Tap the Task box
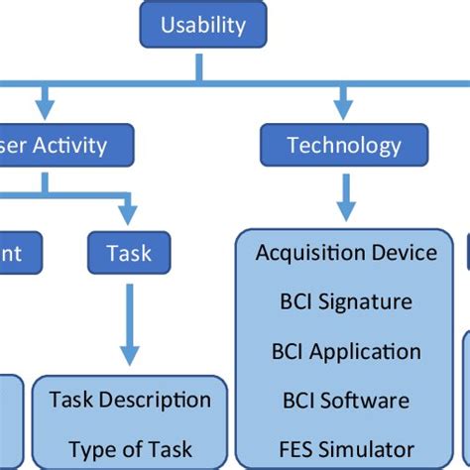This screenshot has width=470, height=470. [x=129, y=252]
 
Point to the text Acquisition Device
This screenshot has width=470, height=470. [x=346, y=252]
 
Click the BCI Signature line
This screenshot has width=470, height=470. [x=346, y=301]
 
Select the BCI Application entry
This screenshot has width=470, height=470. [x=346, y=351]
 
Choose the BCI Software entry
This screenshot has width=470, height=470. [x=346, y=401]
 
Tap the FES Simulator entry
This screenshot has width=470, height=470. [x=346, y=448]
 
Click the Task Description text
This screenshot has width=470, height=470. [x=130, y=400]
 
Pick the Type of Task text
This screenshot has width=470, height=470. [x=130, y=448]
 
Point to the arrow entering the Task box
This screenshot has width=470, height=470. [x=127, y=211]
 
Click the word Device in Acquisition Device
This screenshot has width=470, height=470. [x=402, y=252]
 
